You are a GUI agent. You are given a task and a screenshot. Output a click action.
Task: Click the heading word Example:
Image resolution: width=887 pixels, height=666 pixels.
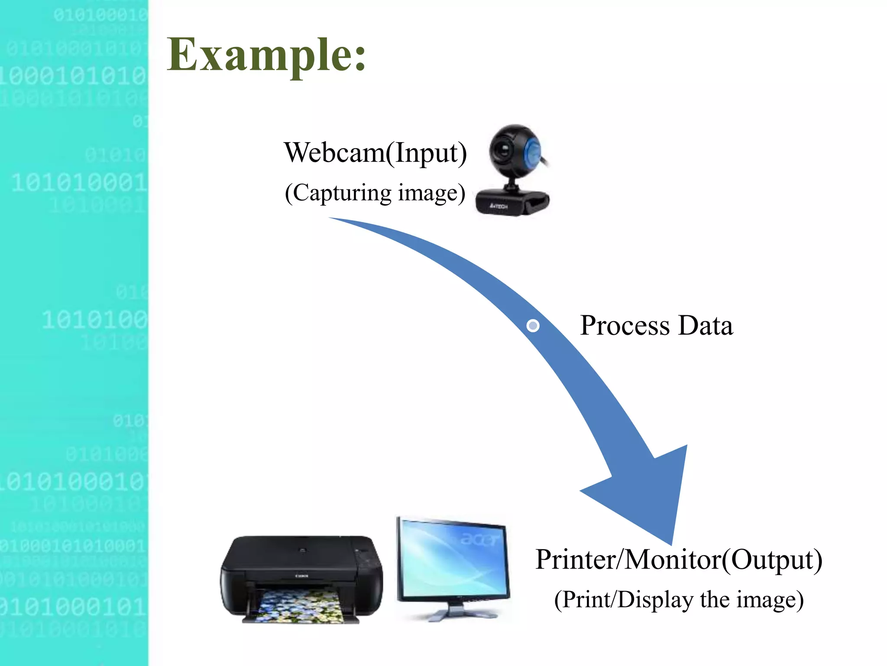[266, 55]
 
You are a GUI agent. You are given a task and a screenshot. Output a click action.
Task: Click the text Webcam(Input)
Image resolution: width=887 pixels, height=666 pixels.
[375, 153]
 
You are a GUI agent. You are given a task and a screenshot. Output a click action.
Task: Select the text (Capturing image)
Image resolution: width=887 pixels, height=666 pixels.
[375, 193]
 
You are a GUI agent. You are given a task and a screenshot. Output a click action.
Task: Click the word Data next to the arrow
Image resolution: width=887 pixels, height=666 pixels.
[706, 326]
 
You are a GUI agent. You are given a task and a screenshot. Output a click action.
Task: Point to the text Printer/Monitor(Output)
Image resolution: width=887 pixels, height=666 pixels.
[679, 559]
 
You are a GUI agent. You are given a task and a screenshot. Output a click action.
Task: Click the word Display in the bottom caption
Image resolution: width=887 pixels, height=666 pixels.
[655, 600]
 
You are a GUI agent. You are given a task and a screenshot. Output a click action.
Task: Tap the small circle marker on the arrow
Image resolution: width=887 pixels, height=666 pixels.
[533, 326]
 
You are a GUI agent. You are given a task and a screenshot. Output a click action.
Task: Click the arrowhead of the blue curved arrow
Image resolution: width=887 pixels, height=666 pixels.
[650, 494]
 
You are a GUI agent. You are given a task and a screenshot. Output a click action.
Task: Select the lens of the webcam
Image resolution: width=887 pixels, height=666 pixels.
[504, 150]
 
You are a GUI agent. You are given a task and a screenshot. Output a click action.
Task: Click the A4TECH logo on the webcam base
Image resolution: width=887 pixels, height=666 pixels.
[499, 206]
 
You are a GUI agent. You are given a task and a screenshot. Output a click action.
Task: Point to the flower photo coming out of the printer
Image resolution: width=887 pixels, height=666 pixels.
[299, 606]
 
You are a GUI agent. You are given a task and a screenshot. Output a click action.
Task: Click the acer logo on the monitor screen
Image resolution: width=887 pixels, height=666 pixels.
[480, 539]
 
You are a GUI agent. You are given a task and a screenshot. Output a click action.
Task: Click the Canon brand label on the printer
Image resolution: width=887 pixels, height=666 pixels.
[302, 576]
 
